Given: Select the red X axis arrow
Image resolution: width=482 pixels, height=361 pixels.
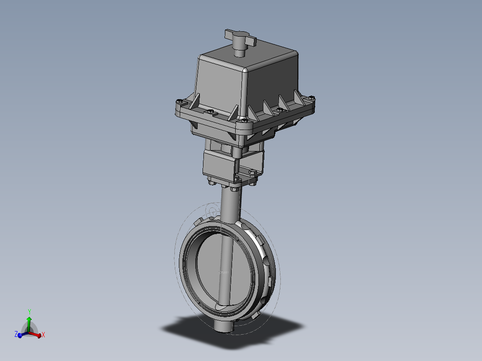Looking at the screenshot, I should [x=37, y=333].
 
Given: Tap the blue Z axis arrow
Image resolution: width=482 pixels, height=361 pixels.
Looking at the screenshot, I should [x=21, y=335].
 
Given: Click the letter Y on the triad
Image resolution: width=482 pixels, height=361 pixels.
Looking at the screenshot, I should [x=29, y=311].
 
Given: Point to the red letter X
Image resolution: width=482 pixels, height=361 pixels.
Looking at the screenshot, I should [x=43, y=335].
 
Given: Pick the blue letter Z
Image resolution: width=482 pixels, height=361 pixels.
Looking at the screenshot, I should [x=16, y=334].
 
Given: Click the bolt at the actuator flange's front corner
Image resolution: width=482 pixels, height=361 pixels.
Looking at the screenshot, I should [x=243, y=120].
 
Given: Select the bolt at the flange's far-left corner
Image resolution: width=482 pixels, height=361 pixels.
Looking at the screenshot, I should [x=179, y=102].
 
